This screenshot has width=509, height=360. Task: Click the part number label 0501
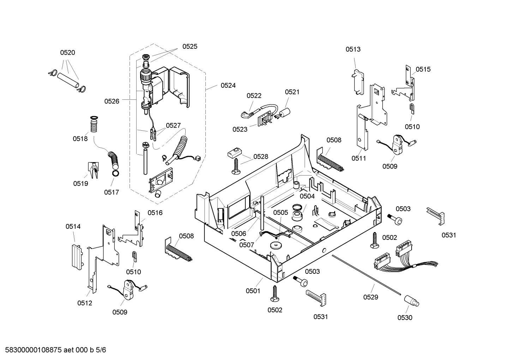pos(253,291)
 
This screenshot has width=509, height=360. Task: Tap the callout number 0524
pos(228,85)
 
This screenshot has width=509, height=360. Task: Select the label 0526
pos(112,101)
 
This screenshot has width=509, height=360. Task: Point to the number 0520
pos(67,53)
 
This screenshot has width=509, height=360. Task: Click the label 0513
pos(353,49)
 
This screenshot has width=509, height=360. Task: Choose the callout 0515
pos(423,69)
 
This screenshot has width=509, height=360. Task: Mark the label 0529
pos(371,297)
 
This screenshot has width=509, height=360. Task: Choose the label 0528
pos(261,157)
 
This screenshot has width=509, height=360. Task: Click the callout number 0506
pos(239,234)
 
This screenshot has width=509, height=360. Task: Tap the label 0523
pos(240,129)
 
